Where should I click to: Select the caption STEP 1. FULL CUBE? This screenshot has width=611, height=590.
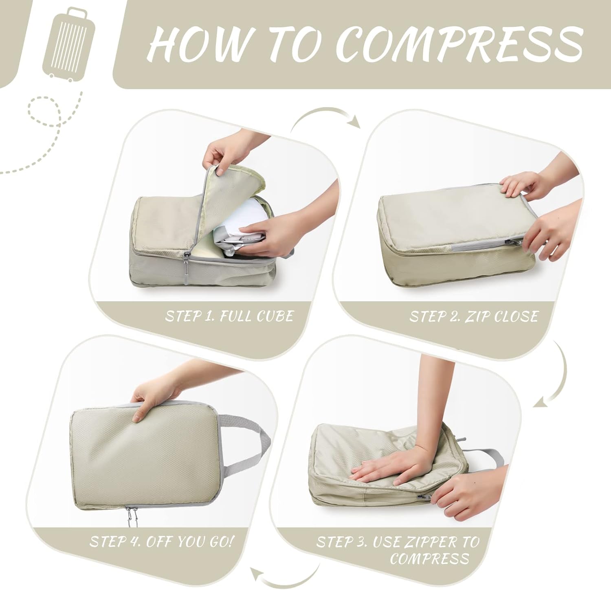click(x=229, y=316)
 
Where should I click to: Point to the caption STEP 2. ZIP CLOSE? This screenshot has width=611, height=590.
click(x=474, y=316)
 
